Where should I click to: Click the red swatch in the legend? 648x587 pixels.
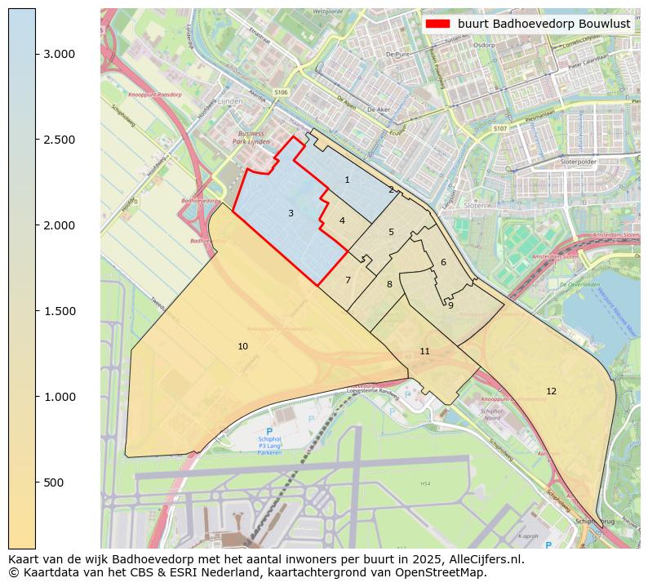coord(438,24)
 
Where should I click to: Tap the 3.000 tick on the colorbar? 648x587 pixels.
coord(59,54)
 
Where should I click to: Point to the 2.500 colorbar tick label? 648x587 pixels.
coord(59,140)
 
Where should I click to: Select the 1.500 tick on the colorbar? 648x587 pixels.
coord(59,311)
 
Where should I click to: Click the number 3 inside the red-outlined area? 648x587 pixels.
coord(291,213)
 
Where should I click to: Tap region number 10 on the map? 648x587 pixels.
coord(242,346)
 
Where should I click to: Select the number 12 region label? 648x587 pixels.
coord(551,391)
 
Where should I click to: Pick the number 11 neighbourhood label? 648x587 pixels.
coord(424,351)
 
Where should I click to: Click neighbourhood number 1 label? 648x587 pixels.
coord(347,180)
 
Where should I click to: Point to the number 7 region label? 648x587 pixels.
coord(348,280)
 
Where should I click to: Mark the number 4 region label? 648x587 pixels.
coord(342,220)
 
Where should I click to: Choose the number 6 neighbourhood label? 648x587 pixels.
coord(443,262)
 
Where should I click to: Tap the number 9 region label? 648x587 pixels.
coord(450,305)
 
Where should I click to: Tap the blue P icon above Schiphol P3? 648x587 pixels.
coord(269,431)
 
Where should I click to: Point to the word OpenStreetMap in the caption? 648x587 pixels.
coord(446,572)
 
